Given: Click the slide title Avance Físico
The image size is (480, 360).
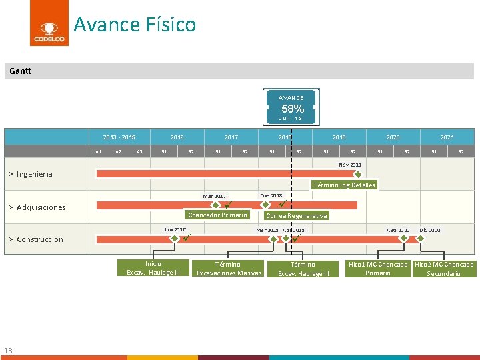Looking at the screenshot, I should [x=135, y=25].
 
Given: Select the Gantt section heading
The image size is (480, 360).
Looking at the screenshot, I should [x=20, y=71].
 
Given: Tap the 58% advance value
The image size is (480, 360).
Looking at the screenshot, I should [x=292, y=109].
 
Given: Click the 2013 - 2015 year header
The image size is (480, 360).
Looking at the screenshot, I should [x=119, y=137].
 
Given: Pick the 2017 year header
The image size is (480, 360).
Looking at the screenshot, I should [x=231, y=137].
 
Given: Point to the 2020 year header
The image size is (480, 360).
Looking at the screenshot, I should [x=393, y=137].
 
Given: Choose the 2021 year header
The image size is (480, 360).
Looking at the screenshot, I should [x=447, y=137].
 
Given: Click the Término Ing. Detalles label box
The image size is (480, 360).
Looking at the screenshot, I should [x=344, y=185].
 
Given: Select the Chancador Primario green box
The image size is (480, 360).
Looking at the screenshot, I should [x=217, y=215].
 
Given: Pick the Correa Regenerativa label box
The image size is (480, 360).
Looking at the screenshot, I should [x=297, y=216].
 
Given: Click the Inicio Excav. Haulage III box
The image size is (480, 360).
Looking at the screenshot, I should [x=153, y=268].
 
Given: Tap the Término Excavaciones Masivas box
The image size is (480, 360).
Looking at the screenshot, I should [x=228, y=269].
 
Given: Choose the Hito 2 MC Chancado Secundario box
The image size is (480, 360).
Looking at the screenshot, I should [x=444, y=269].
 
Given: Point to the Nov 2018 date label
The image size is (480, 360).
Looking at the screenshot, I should [x=350, y=164].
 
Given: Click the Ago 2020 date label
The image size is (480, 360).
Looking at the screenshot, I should [x=399, y=230].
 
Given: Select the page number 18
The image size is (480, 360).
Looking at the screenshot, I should [x=8, y=351].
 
